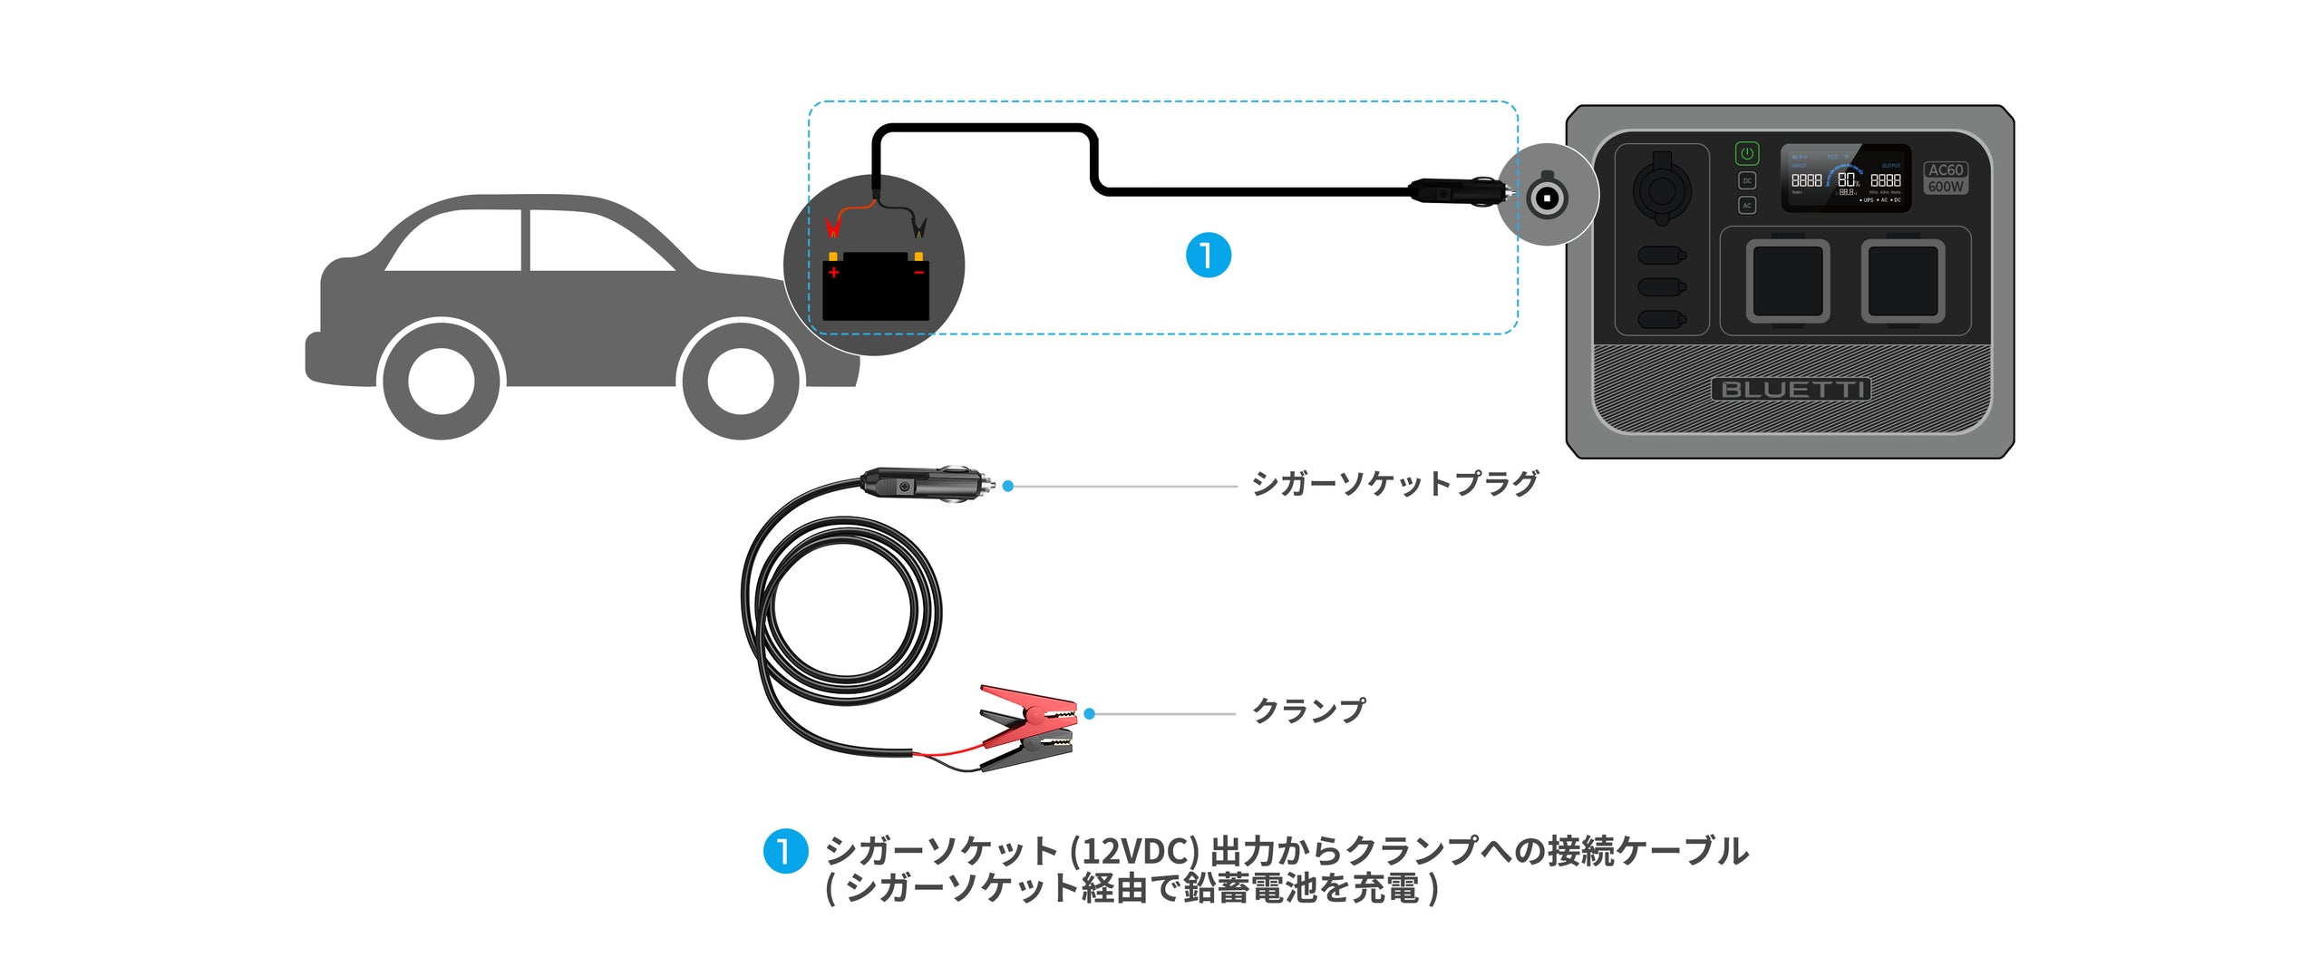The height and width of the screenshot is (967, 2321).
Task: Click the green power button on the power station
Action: pyautogui.click(x=1746, y=153)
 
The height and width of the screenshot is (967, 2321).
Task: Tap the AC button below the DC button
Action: pyautogui.click(x=1746, y=206)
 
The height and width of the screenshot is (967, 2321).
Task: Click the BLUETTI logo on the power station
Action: pyautogui.click(x=1791, y=390)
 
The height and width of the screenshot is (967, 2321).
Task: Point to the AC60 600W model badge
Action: pyautogui.click(x=1945, y=178)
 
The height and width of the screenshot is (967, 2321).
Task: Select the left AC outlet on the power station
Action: pyautogui.click(x=1787, y=281)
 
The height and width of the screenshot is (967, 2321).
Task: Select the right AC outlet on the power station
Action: pyautogui.click(x=1902, y=281)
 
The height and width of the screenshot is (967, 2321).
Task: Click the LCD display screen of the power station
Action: pyautogui.click(x=1845, y=179)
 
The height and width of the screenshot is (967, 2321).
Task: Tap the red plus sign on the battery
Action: pyautogui.click(x=833, y=273)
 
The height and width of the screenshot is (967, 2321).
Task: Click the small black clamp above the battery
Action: pyautogui.click(x=918, y=224)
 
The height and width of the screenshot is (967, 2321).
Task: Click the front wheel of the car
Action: pyautogui.click(x=740, y=381)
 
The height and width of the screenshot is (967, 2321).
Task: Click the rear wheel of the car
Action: pyautogui.click(x=442, y=381)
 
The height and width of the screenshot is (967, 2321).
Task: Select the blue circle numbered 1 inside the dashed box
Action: pyautogui.click(x=1208, y=255)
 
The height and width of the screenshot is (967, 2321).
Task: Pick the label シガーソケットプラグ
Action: pyautogui.click(x=1394, y=484)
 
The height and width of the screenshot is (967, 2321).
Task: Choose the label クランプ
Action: pyautogui.click(x=1308, y=711)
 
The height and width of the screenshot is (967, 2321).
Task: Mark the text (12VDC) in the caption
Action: pyautogui.click(x=1134, y=851)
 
